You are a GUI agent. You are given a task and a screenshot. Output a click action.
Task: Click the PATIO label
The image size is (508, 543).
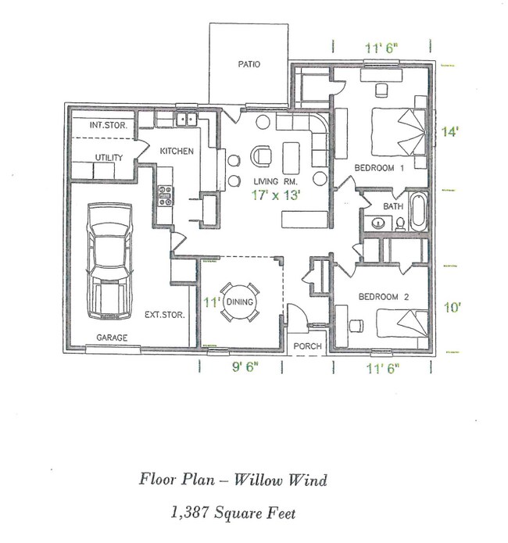point(249,65)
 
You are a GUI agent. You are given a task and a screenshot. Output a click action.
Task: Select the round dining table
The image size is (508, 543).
point(240,302)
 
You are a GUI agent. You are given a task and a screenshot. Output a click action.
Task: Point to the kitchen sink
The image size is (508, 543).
point(186,120)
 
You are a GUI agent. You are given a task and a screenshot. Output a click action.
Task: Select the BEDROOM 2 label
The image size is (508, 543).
point(381,297)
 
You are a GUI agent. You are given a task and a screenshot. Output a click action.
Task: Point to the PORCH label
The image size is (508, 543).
point(307,347)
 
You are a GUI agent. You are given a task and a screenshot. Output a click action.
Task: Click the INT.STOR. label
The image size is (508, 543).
point(109,125)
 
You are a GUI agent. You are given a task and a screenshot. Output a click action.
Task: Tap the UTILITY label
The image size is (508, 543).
point(109,158)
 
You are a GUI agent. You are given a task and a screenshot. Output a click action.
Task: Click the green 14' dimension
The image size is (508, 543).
point(449,132)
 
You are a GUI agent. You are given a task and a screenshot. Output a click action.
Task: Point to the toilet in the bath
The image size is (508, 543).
point(399,223)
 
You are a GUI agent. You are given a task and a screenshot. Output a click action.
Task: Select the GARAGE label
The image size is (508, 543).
point(112,338)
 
